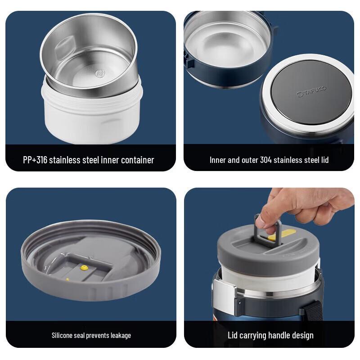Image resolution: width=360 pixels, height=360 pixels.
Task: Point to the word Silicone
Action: [x=64, y=335]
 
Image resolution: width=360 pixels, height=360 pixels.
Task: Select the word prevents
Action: [x=95, y=335]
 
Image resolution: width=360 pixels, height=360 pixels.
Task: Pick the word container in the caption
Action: [x=135, y=160]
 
